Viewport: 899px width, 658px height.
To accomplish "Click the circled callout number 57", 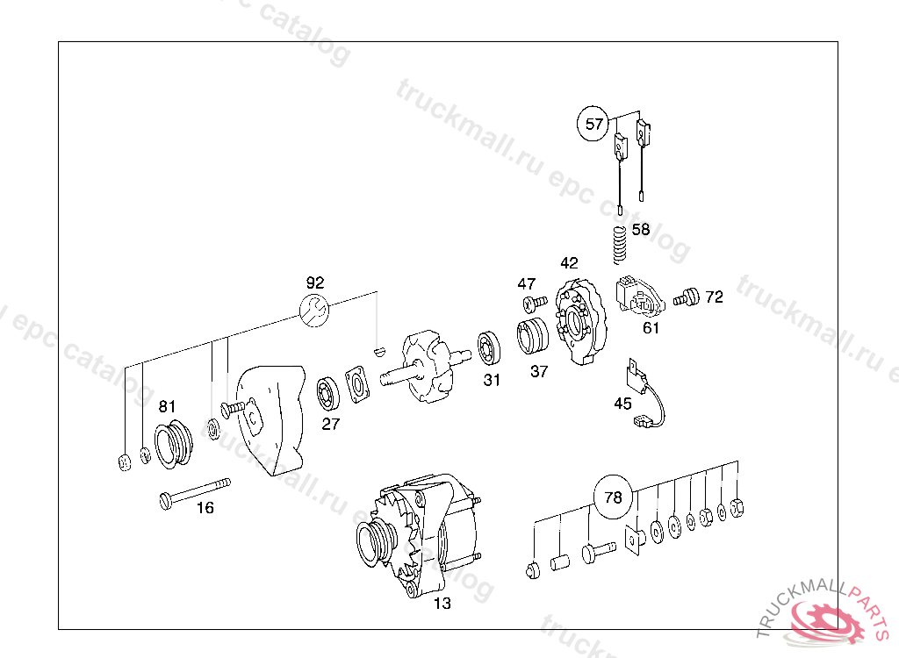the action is pyautogui.click(x=594, y=124).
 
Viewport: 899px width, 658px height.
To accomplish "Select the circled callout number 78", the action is pyautogui.click(x=613, y=497).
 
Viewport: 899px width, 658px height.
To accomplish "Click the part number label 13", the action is pyautogui.click(x=442, y=603).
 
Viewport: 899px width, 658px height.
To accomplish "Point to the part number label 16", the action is pyautogui.click(x=205, y=508).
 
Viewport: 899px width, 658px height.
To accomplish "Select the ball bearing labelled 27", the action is pyautogui.click(x=329, y=391).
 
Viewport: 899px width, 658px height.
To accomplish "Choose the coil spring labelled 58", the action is pyautogui.click(x=619, y=243).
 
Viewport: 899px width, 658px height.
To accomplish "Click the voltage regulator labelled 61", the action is pyautogui.click(x=642, y=296).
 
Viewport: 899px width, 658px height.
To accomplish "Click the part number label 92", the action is pyautogui.click(x=315, y=283).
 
